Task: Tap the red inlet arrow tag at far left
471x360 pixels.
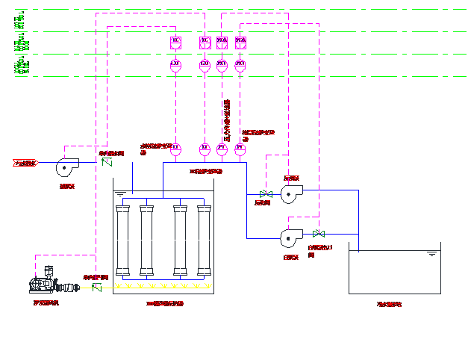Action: [x=24, y=163]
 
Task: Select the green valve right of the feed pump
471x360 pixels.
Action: [x=106, y=161]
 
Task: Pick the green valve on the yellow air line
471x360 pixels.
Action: [x=96, y=287]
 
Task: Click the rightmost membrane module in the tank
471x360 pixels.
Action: [x=204, y=240]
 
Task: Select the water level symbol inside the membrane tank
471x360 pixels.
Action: [x=121, y=195]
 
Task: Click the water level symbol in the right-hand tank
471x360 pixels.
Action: [x=431, y=255]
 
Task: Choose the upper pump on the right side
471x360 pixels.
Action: [x=290, y=195]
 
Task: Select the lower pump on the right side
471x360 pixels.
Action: [x=289, y=238]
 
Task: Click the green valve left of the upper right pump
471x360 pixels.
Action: [x=264, y=195]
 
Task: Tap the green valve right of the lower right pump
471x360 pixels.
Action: [x=319, y=233]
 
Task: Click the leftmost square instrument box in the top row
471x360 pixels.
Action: [x=175, y=43]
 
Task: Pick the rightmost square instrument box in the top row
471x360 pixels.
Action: [x=240, y=43]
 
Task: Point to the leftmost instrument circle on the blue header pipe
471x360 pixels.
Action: [x=175, y=149]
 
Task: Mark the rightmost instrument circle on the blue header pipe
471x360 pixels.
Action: [x=240, y=149]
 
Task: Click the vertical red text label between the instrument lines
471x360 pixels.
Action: [x=227, y=118]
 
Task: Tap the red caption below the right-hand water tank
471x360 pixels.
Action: [x=389, y=304]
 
